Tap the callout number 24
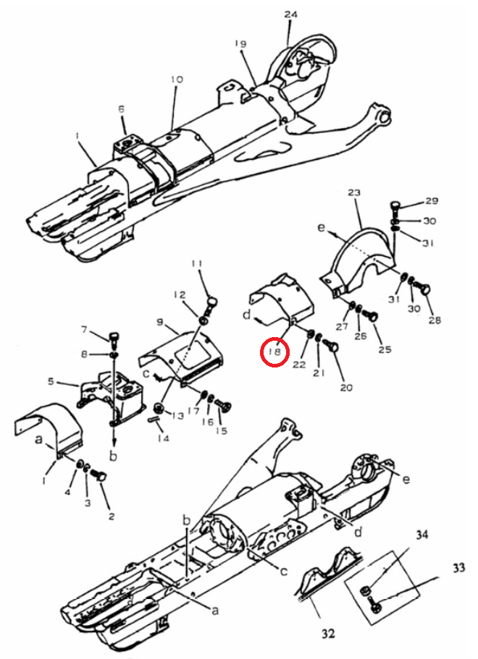click(290, 14)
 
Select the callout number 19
click(240, 43)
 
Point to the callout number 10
click(177, 79)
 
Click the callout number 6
click(121, 109)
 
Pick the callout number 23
click(355, 192)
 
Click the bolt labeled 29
click(395, 208)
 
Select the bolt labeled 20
click(331, 346)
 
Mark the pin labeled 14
click(153, 419)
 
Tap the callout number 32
click(328, 633)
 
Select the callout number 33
click(459, 568)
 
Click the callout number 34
click(422, 535)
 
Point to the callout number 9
click(159, 323)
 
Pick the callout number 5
click(51, 382)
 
